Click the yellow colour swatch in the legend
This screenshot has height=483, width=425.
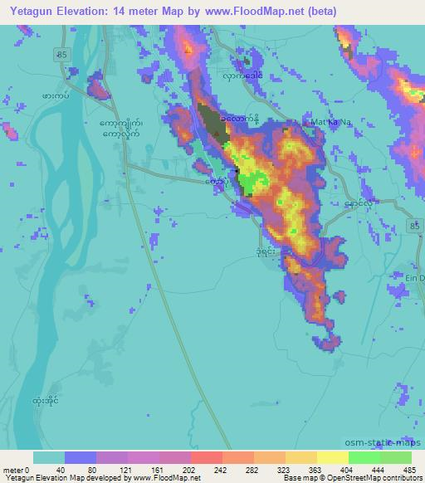coord(332,457)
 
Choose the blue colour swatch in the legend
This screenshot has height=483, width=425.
coord(81,457)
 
